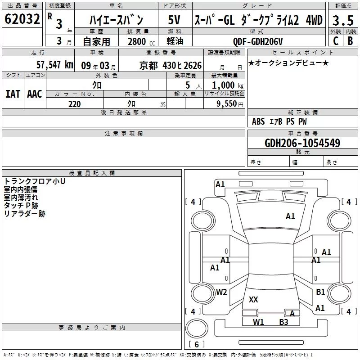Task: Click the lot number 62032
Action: (x=22, y=19)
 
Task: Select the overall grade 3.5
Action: (x=343, y=20)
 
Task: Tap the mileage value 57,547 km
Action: (x=55, y=65)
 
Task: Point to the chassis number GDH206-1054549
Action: (x=302, y=143)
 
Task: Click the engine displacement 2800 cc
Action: (x=141, y=41)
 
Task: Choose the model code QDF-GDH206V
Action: (x=258, y=41)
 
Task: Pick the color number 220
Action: (x=75, y=104)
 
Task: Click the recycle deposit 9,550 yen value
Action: (x=230, y=104)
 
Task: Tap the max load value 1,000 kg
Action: (x=228, y=85)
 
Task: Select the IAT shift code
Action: (x=13, y=94)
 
